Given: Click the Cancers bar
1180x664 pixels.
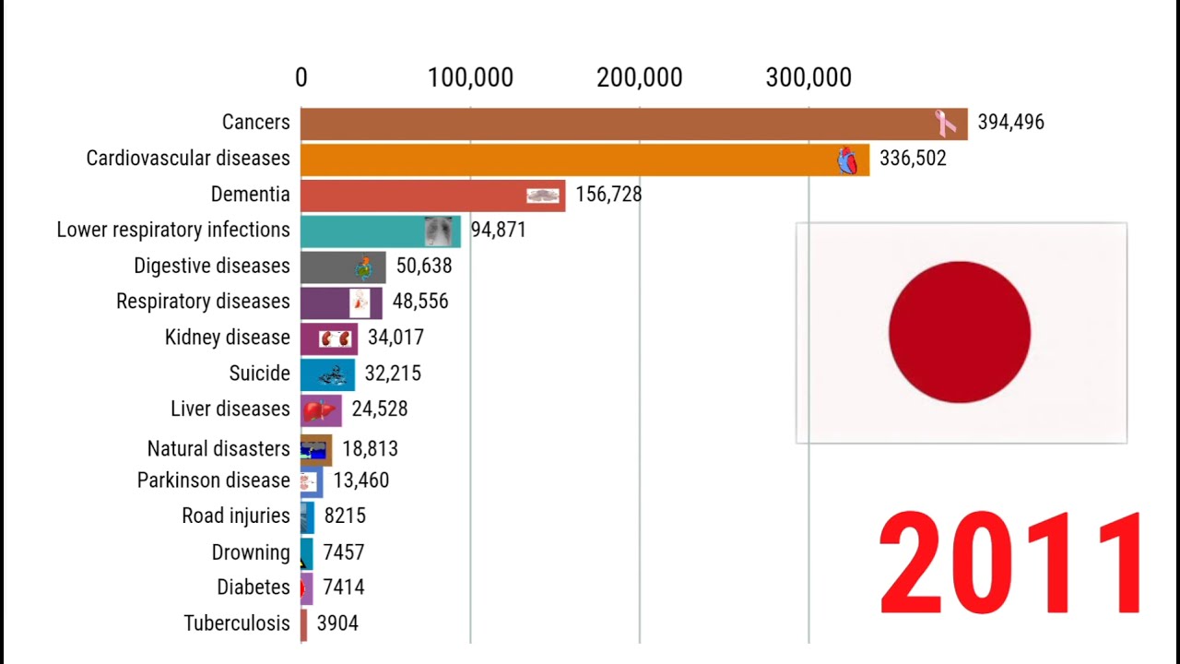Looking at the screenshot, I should tap(608, 124).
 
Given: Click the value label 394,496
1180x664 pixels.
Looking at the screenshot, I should tap(1010, 123).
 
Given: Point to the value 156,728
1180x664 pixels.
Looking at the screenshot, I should tap(608, 195).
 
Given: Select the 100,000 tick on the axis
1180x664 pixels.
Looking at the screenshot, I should tap(470, 78).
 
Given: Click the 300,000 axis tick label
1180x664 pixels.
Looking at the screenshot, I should tap(808, 78).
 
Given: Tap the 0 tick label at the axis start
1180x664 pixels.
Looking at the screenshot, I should tap(301, 78).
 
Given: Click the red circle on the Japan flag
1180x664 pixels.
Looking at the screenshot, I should tap(960, 332).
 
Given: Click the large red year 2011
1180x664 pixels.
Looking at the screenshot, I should tap(1011, 564).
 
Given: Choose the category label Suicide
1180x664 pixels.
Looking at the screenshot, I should tap(259, 373).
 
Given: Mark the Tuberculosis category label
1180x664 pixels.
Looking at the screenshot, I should tap(237, 623).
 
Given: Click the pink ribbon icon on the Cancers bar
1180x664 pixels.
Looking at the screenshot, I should tap(946, 123).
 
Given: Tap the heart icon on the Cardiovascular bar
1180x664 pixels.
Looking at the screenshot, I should tap(847, 160).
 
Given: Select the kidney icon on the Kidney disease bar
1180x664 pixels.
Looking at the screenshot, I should tap(336, 338).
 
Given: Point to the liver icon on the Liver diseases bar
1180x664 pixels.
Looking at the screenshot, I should tap(319, 409).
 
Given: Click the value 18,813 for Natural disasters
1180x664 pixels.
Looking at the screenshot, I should tap(370, 449).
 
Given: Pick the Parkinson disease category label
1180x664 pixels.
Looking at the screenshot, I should tap(213, 480).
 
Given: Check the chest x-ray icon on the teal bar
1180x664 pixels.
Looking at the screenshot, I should tap(439, 231).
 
